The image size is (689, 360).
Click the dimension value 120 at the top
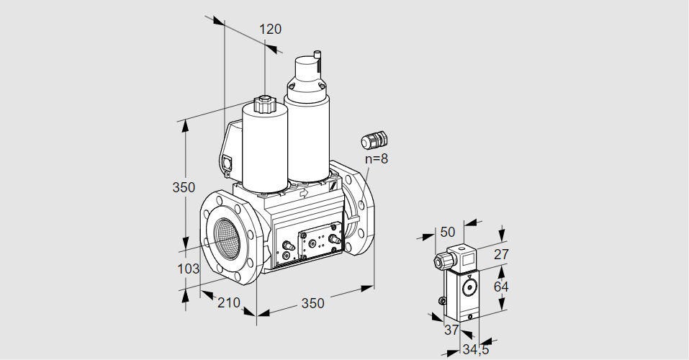270,30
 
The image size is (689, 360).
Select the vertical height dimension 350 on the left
184,188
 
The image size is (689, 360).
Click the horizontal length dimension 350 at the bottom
312,303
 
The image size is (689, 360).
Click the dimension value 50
448,232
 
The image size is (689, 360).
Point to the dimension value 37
451,330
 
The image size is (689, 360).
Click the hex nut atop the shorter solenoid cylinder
264,105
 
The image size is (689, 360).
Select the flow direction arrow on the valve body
303,194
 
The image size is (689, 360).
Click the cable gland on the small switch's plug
439,260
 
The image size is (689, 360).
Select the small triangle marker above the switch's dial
470,277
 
